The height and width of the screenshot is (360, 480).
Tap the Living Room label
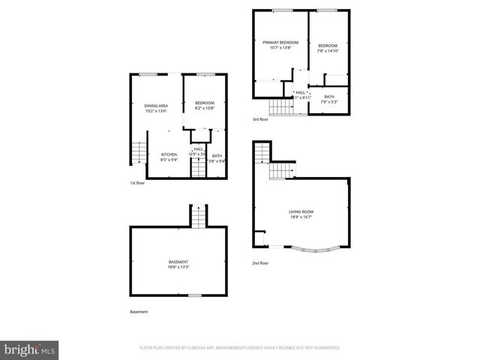point(300,212)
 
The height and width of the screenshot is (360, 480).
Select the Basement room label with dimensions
point(178,263)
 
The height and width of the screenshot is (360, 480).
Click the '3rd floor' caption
point(261,120)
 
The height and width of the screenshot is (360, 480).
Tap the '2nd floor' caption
point(261,263)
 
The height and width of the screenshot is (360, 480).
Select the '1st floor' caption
point(138,182)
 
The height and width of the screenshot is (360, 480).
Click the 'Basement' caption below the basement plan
point(139,311)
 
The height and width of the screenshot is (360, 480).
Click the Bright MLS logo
point(30,349)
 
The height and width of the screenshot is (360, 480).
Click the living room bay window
point(308,249)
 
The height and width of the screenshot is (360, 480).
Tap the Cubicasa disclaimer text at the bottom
point(240,348)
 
